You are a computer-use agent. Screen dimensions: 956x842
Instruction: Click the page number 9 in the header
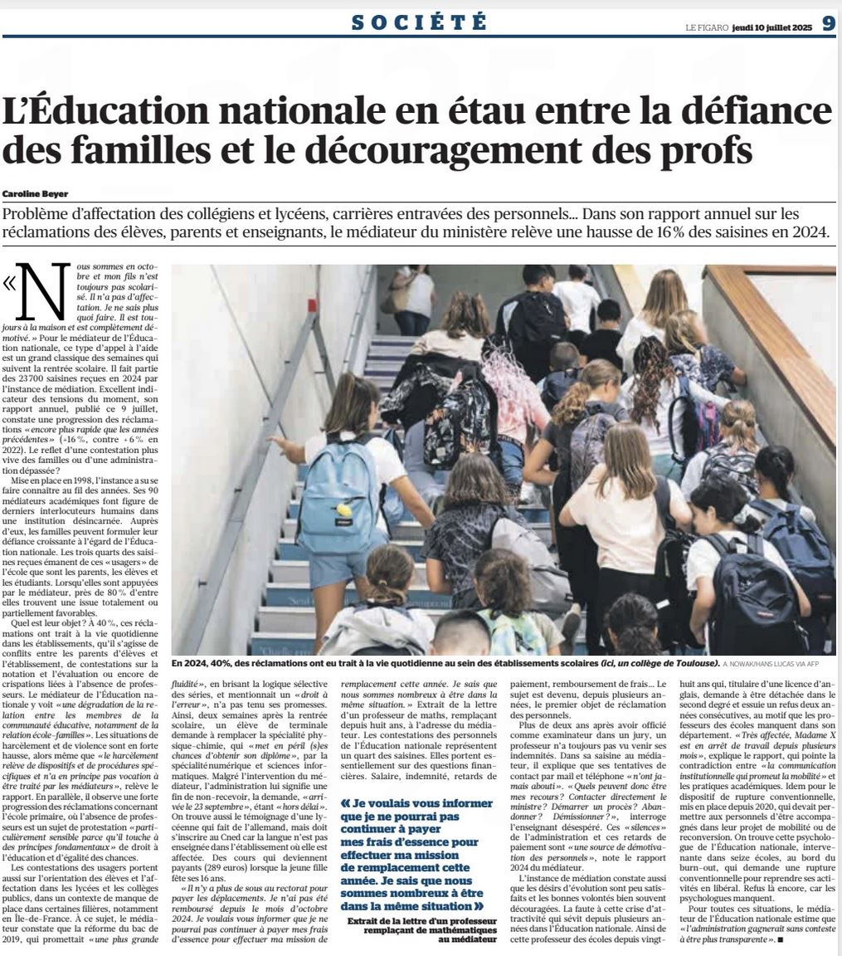[829, 24]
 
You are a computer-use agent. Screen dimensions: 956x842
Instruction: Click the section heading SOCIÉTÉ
[418, 22]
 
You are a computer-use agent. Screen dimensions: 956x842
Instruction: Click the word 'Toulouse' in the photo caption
[693, 664]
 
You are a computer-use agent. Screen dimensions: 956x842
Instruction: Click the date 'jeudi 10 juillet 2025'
[772, 25]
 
